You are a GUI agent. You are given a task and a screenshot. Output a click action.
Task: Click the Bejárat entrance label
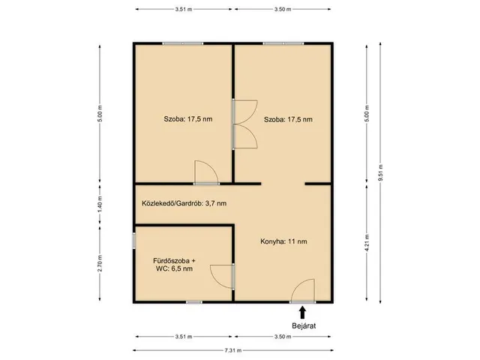click(304, 325)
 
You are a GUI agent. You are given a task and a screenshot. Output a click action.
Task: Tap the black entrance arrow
click(302, 313)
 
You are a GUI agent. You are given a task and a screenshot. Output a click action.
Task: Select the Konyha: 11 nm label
click(283, 241)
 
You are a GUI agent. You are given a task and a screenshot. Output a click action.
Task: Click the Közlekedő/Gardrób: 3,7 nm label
click(184, 203)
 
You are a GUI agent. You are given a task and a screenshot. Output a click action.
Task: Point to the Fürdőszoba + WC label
click(174, 265)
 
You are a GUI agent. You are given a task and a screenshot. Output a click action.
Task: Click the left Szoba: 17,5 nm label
click(188, 119)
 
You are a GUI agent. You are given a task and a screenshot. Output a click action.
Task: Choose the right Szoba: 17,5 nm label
click(288, 119)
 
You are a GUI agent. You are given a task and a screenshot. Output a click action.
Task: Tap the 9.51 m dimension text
click(380, 172)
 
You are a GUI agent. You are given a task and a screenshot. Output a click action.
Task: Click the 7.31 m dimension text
click(233, 350)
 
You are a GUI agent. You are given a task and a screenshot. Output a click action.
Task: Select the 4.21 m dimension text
click(367, 243)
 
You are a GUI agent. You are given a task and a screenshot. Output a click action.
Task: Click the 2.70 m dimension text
click(100, 263)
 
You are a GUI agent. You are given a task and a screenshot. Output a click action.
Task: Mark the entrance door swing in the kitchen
click(302, 291)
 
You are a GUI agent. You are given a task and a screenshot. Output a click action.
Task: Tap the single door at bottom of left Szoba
click(206, 172)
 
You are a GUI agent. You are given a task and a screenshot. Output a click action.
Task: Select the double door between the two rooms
click(245, 124)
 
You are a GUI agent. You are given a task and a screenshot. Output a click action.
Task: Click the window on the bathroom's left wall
click(134, 241)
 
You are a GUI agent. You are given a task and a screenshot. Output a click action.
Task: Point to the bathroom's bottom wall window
click(194, 302)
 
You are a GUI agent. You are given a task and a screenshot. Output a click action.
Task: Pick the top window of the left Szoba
click(182, 43)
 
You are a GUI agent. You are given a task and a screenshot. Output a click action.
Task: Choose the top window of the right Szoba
click(283, 43)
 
